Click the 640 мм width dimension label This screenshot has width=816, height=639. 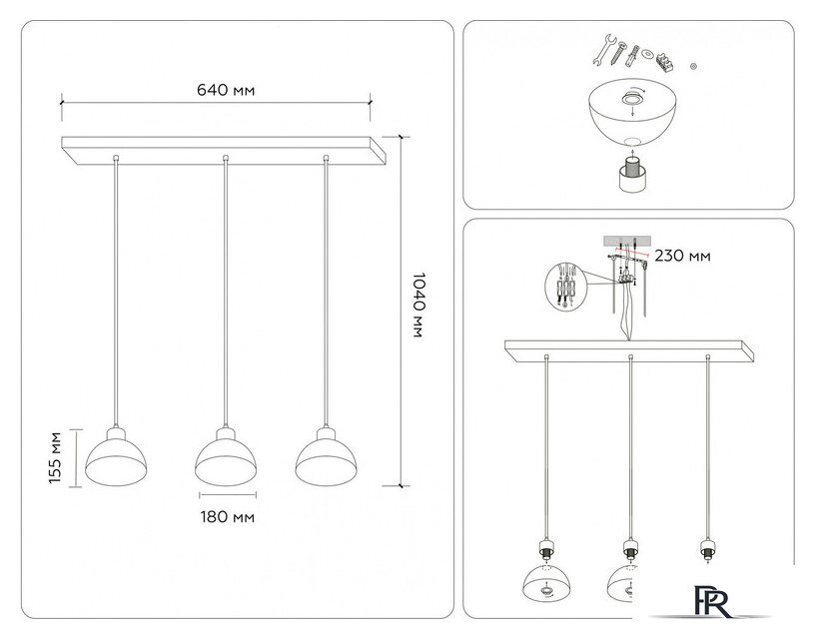[226, 90]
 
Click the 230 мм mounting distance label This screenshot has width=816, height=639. [683, 257]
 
